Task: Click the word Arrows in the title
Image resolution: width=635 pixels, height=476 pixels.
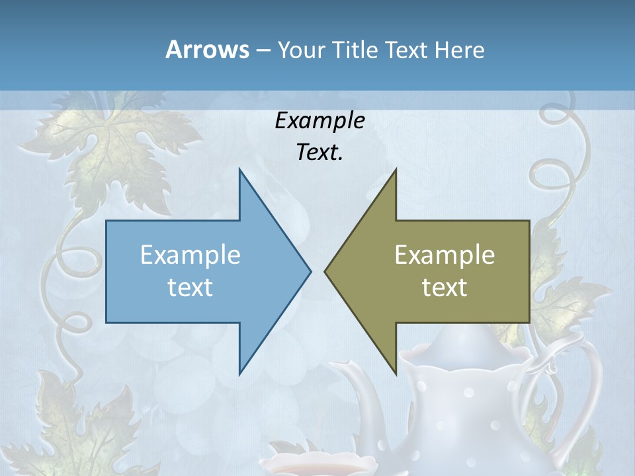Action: click(207, 50)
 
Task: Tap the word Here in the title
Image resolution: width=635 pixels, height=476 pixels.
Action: click(459, 50)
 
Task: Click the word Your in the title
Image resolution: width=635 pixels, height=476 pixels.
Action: click(302, 50)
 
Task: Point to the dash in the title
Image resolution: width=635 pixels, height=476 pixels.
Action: click(263, 50)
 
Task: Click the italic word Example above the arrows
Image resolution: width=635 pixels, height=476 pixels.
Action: click(319, 120)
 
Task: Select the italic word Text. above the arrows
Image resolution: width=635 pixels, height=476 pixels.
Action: click(319, 153)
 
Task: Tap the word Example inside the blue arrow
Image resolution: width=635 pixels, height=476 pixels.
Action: click(190, 255)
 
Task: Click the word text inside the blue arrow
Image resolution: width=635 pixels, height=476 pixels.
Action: click(190, 288)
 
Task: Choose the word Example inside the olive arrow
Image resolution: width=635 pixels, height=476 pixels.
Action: click(444, 255)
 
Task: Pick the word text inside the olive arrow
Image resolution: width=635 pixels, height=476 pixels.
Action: click(444, 288)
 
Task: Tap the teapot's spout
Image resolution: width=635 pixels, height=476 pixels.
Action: click(357, 383)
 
